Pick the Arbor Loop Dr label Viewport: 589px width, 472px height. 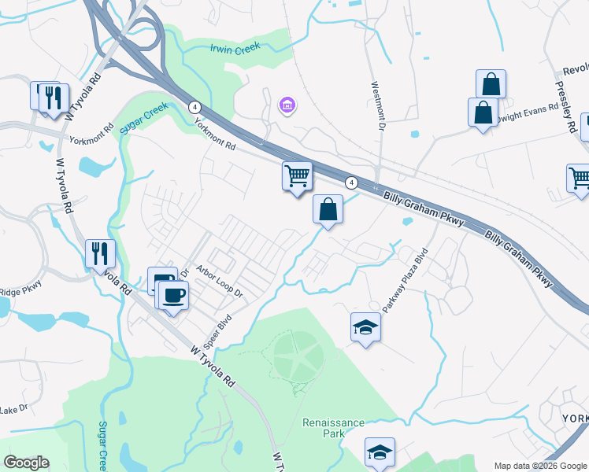click(220, 280)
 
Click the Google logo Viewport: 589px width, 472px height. click(27, 463)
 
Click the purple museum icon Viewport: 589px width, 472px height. click(287, 105)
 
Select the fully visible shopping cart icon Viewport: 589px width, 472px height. click(298, 176)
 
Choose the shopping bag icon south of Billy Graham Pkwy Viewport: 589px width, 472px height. click(328, 210)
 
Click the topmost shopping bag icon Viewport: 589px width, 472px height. click(491, 84)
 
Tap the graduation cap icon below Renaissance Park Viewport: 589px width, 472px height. click(380, 453)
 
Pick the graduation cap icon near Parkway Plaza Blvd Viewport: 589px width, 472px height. click(365, 326)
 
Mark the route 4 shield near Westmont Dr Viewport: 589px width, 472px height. click(352, 183)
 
